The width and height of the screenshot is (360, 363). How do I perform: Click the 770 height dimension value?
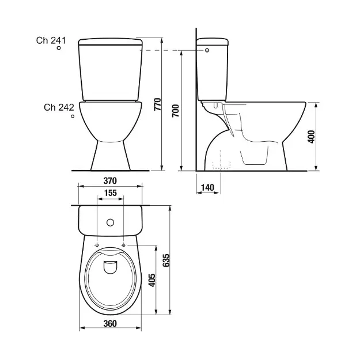(166, 105)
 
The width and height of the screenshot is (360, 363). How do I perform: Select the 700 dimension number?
(176, 112)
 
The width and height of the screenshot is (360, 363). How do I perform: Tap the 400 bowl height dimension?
(312, 137)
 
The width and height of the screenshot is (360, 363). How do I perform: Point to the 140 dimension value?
(207, 187)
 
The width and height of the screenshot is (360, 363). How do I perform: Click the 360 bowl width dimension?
(110, 323)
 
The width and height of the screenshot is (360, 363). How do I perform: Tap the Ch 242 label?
(58, 107)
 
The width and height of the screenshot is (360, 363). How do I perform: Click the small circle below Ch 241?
(59, 50)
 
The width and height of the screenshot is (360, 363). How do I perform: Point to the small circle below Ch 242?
(73, 117)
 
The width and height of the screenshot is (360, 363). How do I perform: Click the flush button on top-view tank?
(110, 221)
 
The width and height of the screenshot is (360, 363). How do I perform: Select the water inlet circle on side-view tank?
(207, 51)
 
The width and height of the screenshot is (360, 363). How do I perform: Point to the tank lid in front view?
(110, 41)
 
